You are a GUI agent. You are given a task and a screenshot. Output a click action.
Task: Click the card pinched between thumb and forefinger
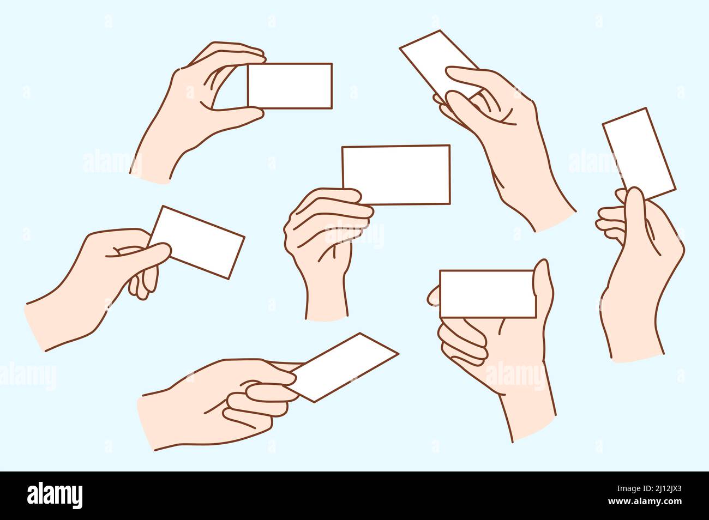pyautogui.click(x=290, y=86)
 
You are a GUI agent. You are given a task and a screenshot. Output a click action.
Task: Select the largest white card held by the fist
pyautogui.click(x=396, y=174)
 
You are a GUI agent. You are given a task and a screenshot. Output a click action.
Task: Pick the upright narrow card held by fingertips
pyautogui.click(x=638, y=152)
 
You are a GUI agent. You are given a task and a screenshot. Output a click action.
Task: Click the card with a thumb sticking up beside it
pyautogui.click(x=487, y=293)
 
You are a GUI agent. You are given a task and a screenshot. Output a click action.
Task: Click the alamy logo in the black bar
pyautogui.click(x=55, y=495)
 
